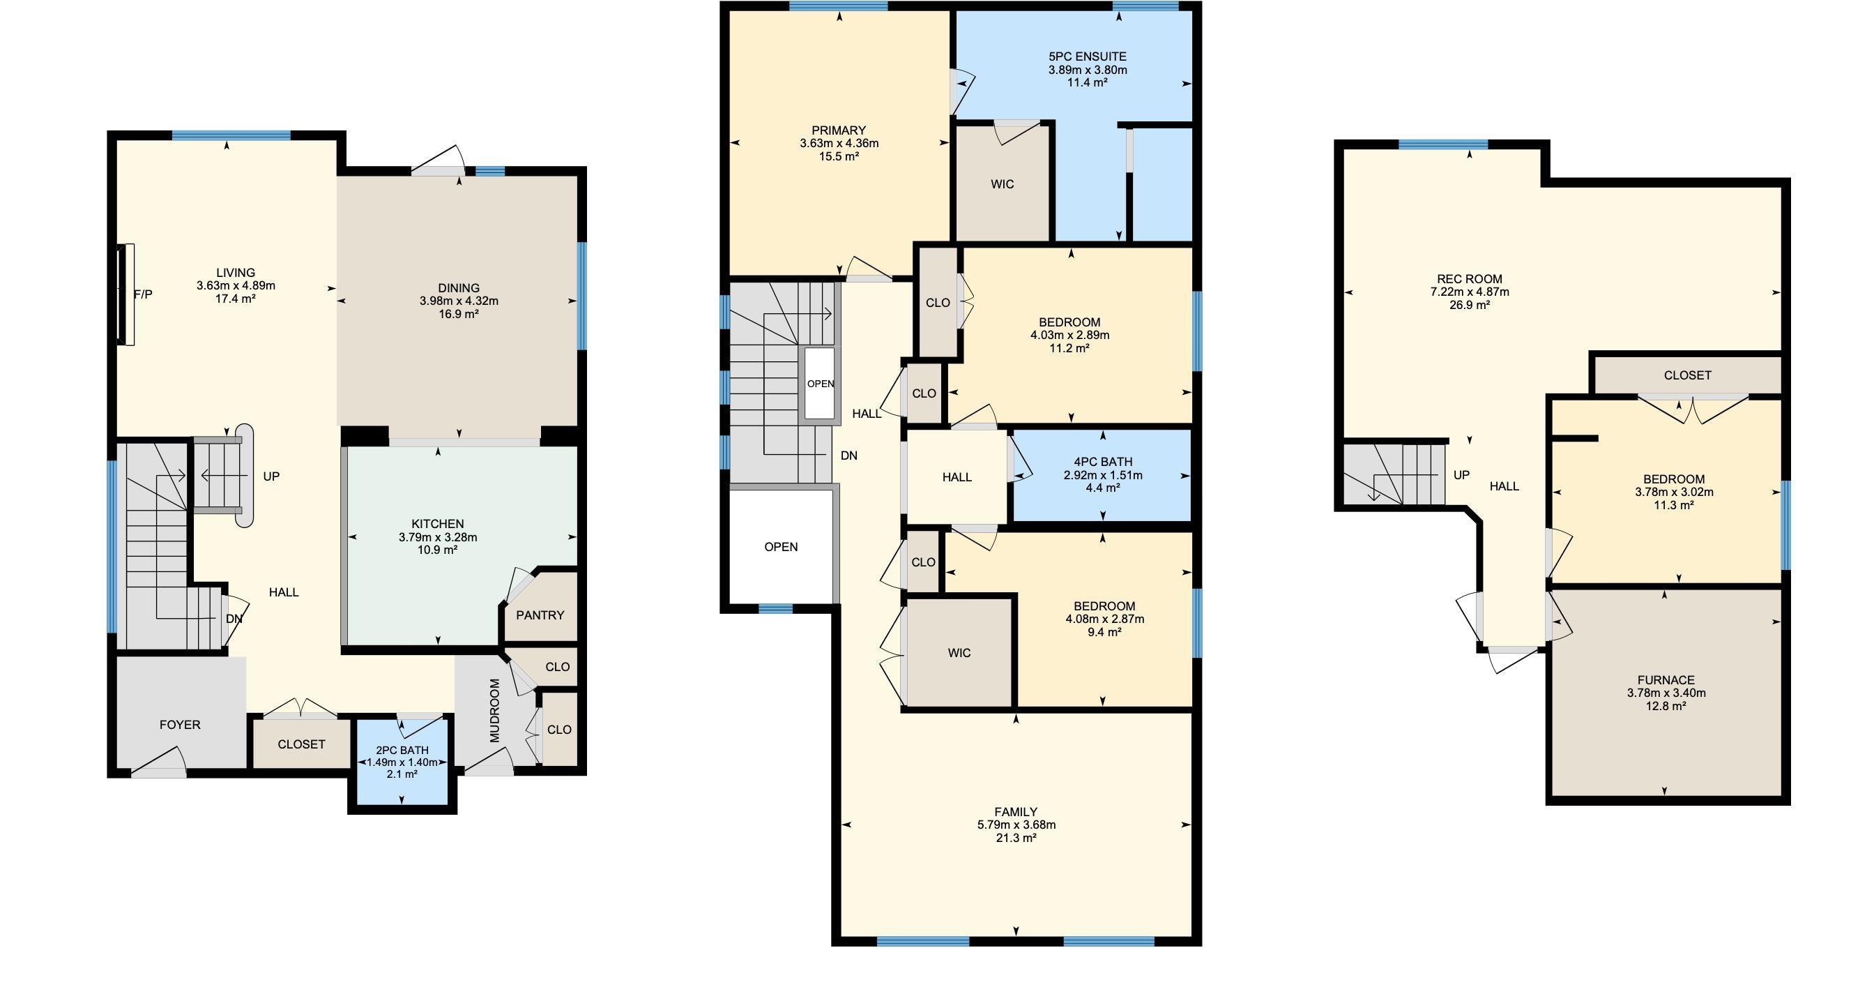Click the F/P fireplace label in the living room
[x=144, y=294]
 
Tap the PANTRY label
[x=540, y=615]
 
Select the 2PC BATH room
[x=402, y=762]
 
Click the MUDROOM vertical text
[x=495, y=711]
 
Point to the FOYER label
[x=180, y=724]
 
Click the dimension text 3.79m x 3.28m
[x=438, y=537]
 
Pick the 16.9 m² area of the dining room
[x=458, y=314]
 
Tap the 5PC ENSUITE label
[x=1088, y=56]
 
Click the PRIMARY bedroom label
[x=839, y=130]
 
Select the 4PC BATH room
[x=1103, y=475]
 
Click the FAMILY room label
[x=1016, y=812]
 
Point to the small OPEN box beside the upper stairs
[x=820, y=384]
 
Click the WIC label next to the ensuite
[x=1002, y=184]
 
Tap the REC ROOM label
[x=1470, y=279]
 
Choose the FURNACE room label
[x=1666, y=680]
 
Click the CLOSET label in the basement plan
[x=1687, y=375]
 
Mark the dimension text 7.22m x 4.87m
[x=1470, y=292]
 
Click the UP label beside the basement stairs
[x=1461, y=474]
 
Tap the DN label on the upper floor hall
[x=849, y=456]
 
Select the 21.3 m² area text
[x=1016, y=838]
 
